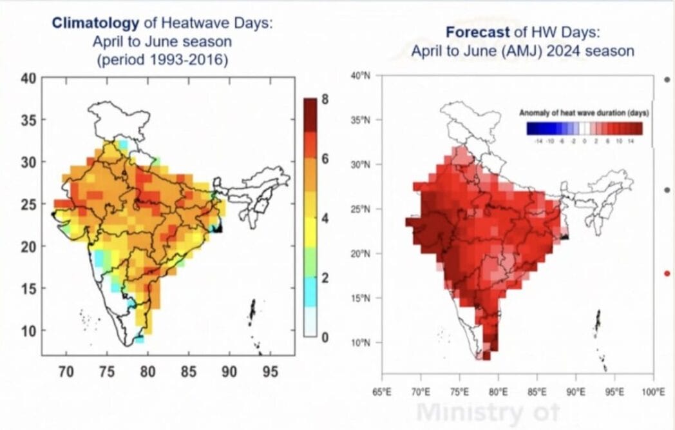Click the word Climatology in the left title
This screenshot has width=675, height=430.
point(95,24)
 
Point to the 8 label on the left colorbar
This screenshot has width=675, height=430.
point(326,99)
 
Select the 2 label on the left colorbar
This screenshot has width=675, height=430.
point(326,278)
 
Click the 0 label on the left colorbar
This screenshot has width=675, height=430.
point(326,337)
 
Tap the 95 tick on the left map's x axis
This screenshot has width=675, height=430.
point(270,372)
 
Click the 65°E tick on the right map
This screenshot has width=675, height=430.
point(382,392)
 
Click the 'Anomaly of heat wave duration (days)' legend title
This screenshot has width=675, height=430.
point(584,113)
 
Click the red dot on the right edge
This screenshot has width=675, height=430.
point(667,274)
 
